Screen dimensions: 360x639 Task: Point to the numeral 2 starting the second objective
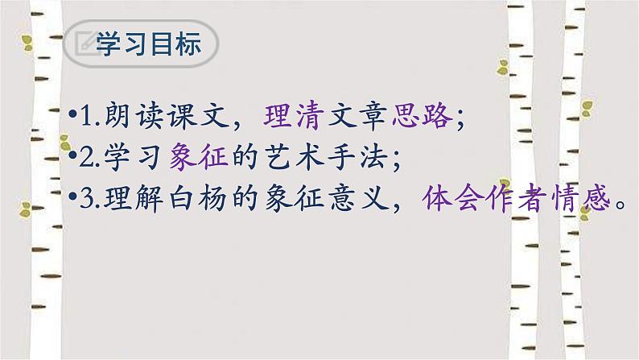pyautogui.click(x=85, y=160)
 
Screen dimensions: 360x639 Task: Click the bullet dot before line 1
pyautogui.click(x=72, y=119)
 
